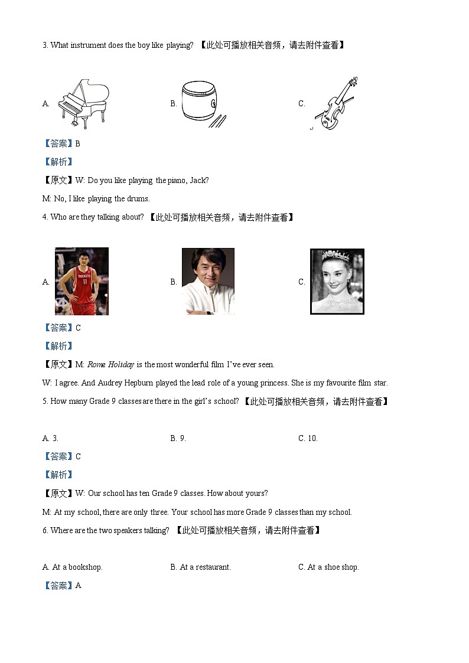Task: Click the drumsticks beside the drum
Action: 219,120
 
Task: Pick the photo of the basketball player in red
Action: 82,281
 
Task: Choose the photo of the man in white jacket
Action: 208,281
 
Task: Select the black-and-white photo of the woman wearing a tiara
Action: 337,282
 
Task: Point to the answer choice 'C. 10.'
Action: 308,438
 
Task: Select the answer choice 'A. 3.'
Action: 50,438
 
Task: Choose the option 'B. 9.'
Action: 178,438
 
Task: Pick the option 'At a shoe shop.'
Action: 333,567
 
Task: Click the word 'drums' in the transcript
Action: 138,198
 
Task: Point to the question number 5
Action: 45,401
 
